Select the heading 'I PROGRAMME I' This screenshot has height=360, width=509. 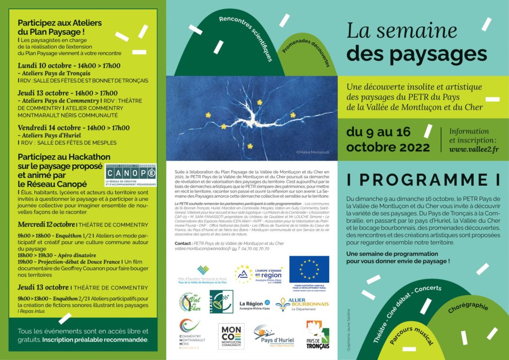[x=423, y=180]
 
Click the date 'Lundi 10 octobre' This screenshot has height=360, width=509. [x=43, y=66]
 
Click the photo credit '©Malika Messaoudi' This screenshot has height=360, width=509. [x=312, y=152]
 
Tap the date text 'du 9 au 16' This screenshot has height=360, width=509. [x=378, y=132]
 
